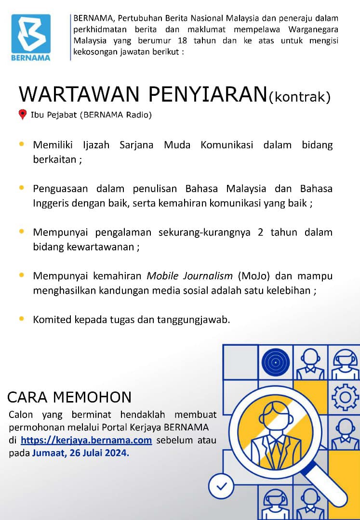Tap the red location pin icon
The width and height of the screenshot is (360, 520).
tap(22, 114)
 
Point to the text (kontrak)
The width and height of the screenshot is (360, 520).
tap(299, 97)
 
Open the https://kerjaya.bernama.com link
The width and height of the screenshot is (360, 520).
tap(86, 440)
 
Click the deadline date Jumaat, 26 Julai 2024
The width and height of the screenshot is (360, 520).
tap(80, 453)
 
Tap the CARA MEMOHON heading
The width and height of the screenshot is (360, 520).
tap(69, 397)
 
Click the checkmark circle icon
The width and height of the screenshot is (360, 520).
tap(222, 487)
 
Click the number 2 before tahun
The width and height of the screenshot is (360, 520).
tap(261, 233)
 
